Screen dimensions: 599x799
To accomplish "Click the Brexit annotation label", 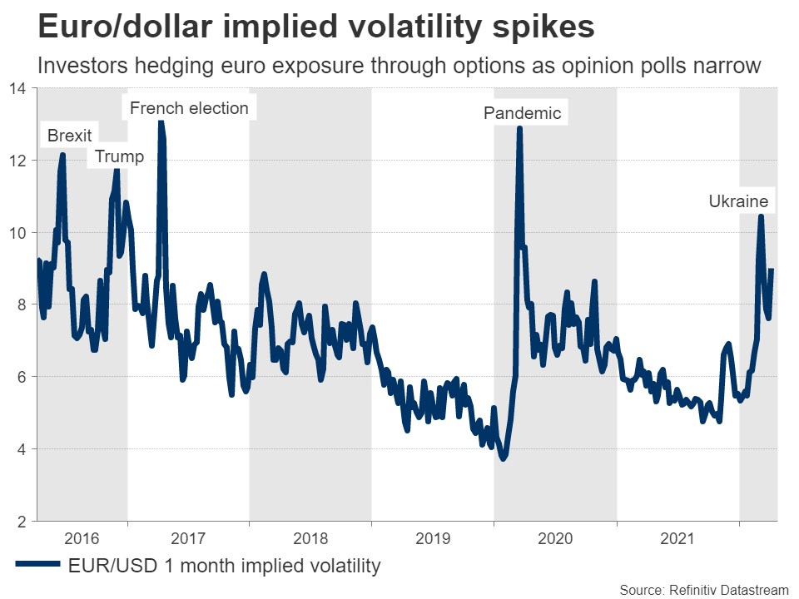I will pos(70,135).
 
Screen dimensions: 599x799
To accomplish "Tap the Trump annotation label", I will pos(119,156).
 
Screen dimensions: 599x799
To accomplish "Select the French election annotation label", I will pos(189,108).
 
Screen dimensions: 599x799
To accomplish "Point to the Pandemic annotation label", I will pos(523,113).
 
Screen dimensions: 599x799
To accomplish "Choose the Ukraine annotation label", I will pos(738,200).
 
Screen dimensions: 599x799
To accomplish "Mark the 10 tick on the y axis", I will pos(18,233).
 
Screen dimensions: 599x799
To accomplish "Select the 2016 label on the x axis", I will pos(82,538).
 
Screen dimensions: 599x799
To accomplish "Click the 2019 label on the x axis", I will pos(433,538).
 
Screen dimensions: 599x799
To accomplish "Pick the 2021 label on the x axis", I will pos(677,538).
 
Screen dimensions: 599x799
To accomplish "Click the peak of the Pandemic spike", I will pos(519,128).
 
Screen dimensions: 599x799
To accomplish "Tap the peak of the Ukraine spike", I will pos(761,216).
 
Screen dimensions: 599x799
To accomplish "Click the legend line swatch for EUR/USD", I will pos(37,566).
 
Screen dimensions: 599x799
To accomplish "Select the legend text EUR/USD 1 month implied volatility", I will pos(224,566).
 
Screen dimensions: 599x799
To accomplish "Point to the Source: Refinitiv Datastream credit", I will pos(704,590).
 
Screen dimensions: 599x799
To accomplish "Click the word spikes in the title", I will pos(543,27).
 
